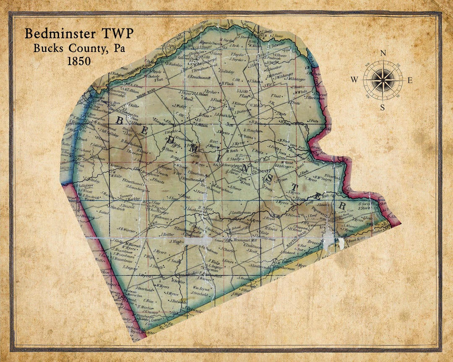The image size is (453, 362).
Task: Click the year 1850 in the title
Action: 78,61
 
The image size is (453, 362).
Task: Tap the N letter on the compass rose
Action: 383,53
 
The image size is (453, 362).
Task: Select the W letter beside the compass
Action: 354,80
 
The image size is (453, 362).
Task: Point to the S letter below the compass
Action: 383,107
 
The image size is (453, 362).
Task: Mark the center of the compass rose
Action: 383,80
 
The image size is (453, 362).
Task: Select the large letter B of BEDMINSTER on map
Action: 119,121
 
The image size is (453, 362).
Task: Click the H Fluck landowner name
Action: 227,83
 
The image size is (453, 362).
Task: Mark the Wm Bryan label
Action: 201,289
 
